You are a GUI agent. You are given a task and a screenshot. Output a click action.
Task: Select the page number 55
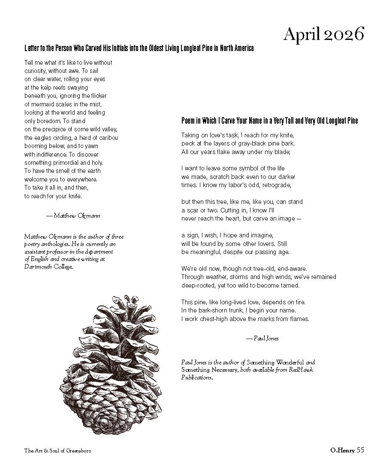coord(360,450)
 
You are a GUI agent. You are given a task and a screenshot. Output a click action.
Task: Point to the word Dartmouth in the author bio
coord(37,267)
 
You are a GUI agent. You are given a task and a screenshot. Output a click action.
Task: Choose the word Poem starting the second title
coord(189,121)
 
